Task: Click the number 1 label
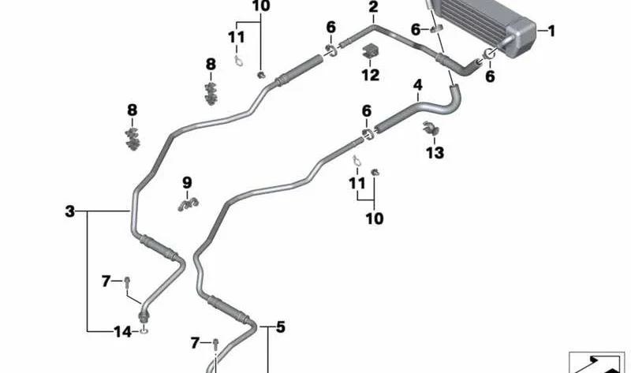coord(551,31)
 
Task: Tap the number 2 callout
coord(373,7)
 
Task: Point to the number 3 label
coord(70,211)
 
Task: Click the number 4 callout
coord(418,85)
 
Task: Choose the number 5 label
coord(280,326)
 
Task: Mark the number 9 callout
coord(187,183)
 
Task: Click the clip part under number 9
coord(188,204)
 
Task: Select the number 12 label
coord(370,75)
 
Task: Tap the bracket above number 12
coord(370,50)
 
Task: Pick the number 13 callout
coord(435,152)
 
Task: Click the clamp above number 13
coord(431,129)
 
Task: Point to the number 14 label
coord(123,332)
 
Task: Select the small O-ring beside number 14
coord(144,331)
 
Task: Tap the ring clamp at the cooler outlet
coord(487,54)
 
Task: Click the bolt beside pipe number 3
coord(127,282)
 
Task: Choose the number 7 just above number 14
coord(106,281)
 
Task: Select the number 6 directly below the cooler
coord(490,76)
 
